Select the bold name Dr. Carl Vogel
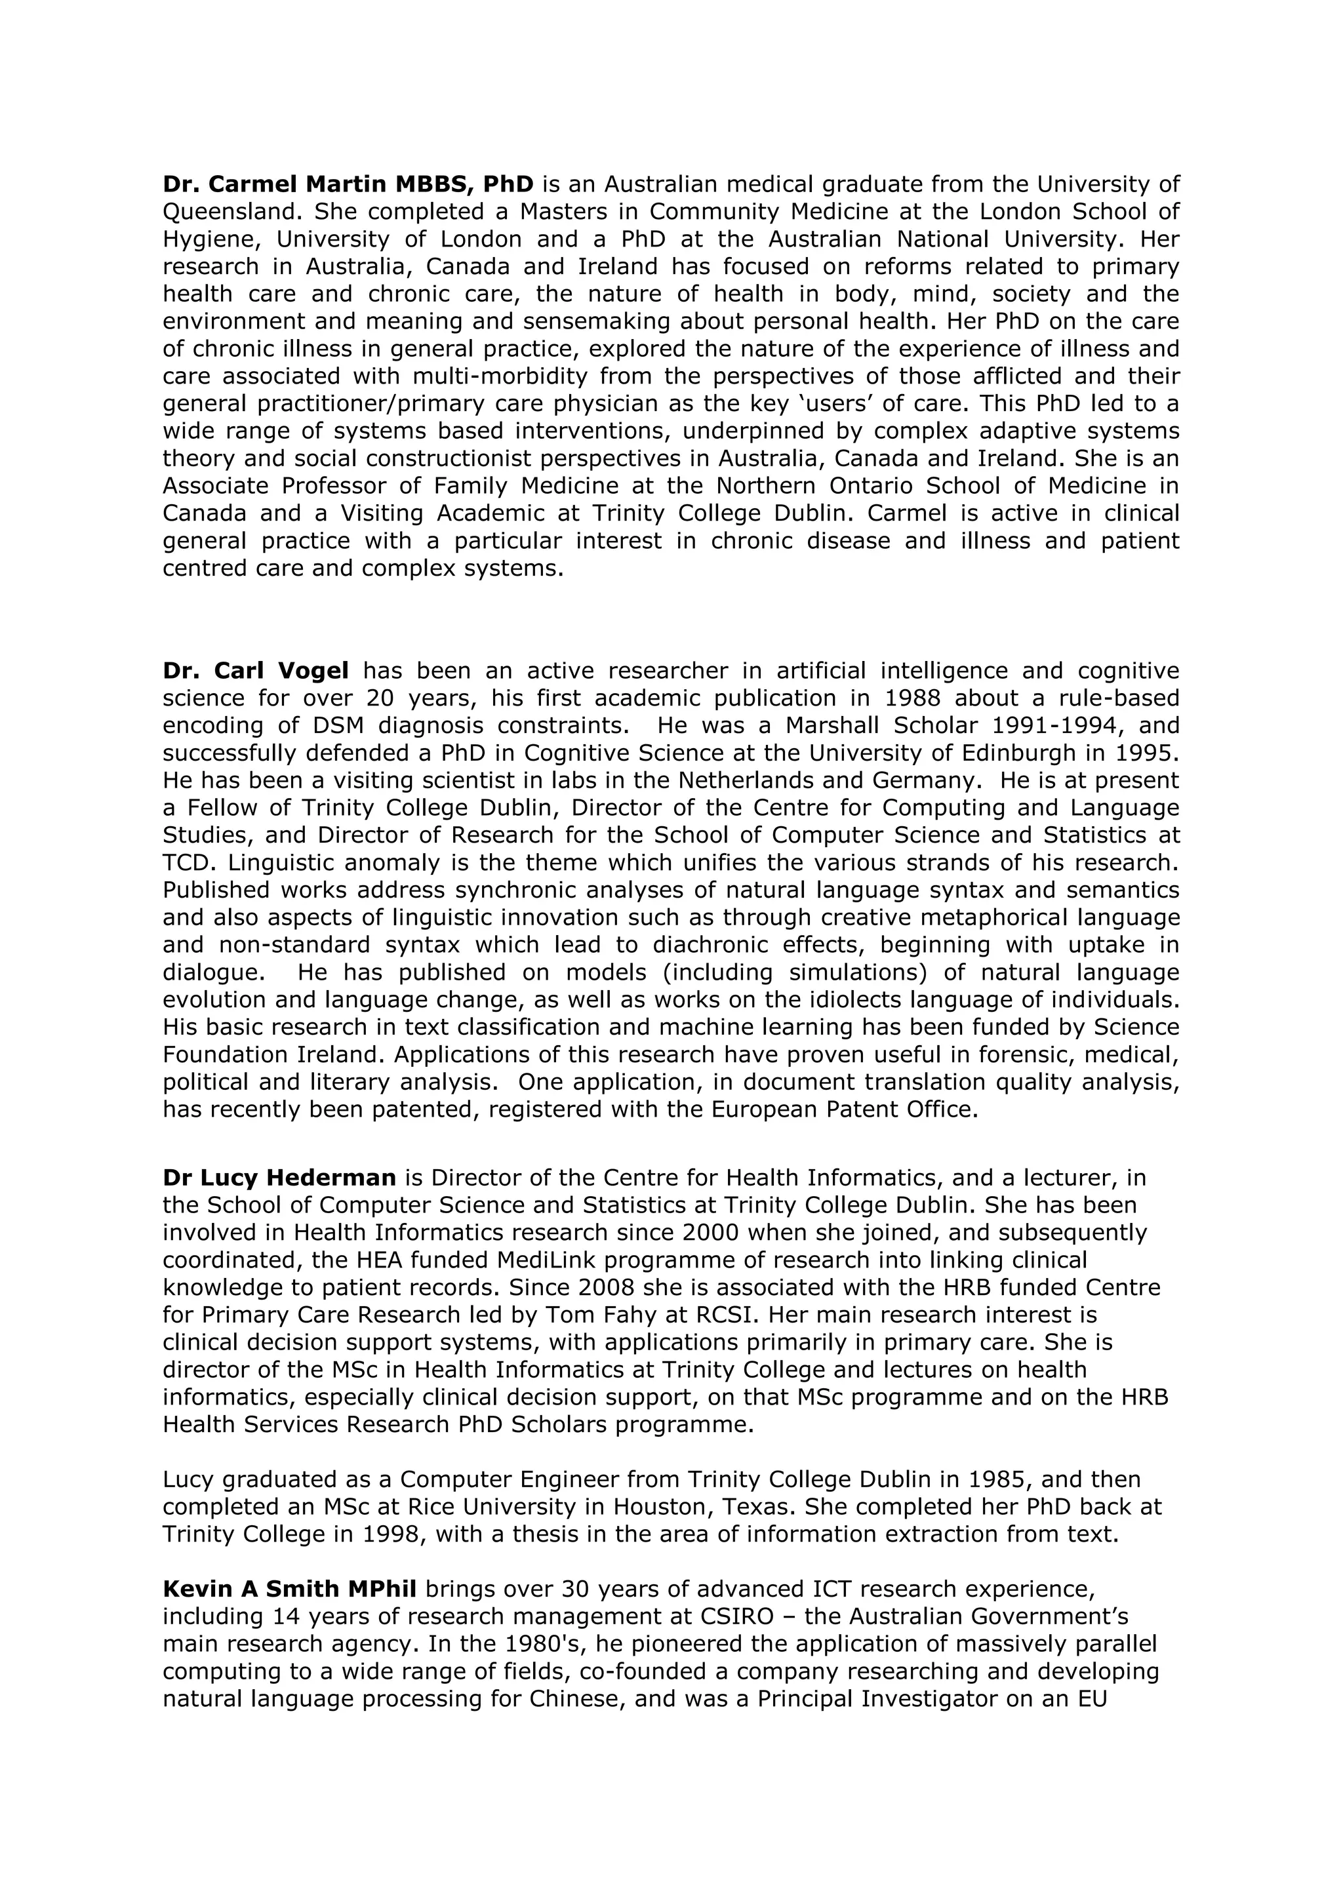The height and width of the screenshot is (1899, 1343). tap(256, 670)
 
